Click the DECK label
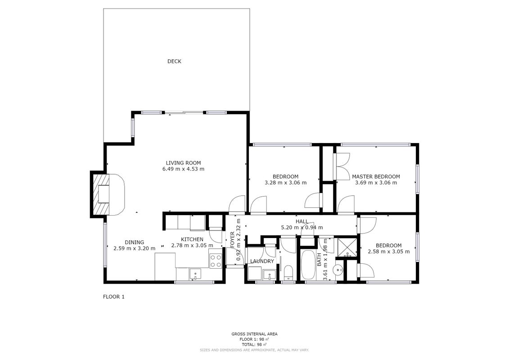pos(174,61)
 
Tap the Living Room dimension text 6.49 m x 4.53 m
pos(184,169)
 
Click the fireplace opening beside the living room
pos(104,194)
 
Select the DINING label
pos(135,243)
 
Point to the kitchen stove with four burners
pos(216,261)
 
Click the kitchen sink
pos(195,274)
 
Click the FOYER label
pos(232,240)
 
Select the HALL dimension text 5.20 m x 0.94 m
pos(302,228)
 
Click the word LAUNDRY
pos(262,261)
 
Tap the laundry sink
pos(270,274)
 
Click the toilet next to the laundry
pos(288,273)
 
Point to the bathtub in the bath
pos(307,265)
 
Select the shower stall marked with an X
pos(347,247)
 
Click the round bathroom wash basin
pos(339,269)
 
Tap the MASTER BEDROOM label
pos(376,176)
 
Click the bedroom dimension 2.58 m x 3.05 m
pos(389,252)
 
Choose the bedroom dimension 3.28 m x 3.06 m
pos(286,183)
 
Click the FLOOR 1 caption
pos(113,297)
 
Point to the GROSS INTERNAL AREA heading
pos(255,334)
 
